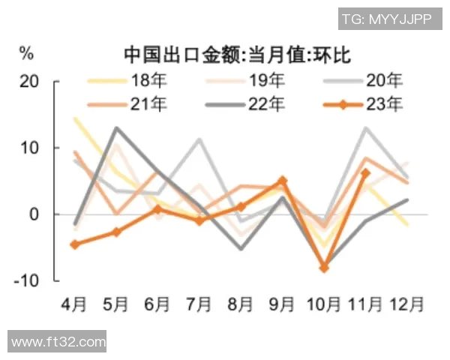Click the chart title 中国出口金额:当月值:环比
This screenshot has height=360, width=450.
[237, 54]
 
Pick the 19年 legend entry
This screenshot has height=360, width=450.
[265, 79]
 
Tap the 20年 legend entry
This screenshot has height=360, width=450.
[382, 79]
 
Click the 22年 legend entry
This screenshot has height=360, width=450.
[265, 103]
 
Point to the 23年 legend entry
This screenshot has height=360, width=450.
[382, 103]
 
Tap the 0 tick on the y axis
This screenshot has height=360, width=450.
[33, 214]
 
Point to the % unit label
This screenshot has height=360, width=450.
[27, 53]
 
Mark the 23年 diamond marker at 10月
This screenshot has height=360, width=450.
[324, 268]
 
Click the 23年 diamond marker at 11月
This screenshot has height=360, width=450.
[365, 173]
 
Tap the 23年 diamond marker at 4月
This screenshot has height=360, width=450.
[74, 244]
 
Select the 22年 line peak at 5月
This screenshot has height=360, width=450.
[116, 127]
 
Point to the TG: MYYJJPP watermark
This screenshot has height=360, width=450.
[385, 19]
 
